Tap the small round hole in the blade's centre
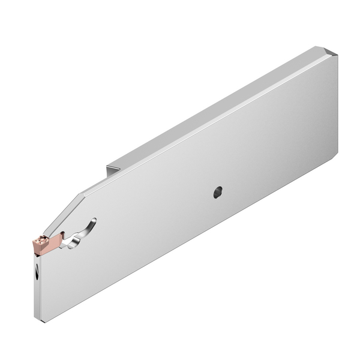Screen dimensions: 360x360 pyautogui.click(x=217, y=193)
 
